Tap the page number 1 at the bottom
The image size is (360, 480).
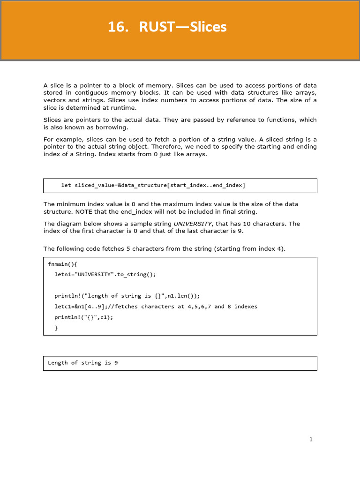point(311,439)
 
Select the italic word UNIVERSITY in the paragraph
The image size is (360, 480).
point(193,224)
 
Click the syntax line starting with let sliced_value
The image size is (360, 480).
point(153,185)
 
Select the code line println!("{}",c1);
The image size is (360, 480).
point(84,317)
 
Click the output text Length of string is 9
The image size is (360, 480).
point(82,363)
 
